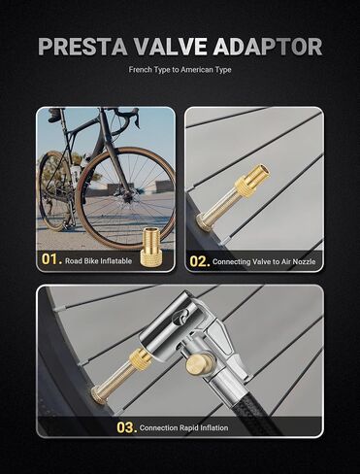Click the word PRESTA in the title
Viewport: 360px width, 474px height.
tap(82, 47)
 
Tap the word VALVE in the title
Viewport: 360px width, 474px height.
tap(170, 47)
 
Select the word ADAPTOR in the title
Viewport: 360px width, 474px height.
tap(268, 47)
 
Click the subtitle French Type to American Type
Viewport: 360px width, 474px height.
tap(180, 70)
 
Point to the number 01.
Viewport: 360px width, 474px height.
tap(51, 259)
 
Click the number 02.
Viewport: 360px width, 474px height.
tap(200, 261)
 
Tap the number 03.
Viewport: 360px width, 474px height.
tap(127, 427)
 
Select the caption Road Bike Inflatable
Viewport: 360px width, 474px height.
tap(99, 261)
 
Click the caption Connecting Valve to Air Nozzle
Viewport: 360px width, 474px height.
tap(264, 261)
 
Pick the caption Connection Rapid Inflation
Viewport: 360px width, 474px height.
tap(183, 427)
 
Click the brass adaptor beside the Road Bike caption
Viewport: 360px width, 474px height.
tap(150, 247)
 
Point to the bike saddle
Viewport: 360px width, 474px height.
tap(57, 114)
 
